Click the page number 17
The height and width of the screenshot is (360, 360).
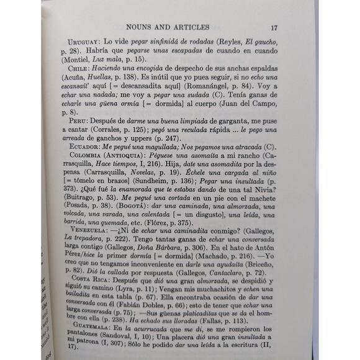(274, 27)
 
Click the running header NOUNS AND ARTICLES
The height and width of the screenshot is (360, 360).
(167, 27)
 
